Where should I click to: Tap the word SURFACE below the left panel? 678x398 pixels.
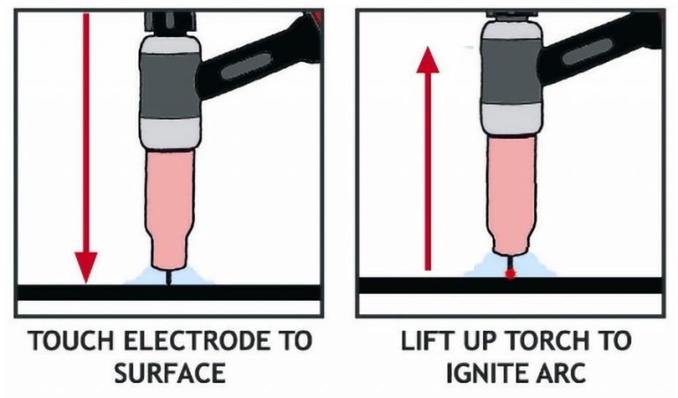coord(169,372)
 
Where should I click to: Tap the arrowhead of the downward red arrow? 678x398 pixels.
coord(86,264)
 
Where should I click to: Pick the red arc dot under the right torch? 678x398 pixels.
coord(509,275)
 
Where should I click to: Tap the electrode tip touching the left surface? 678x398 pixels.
coord(169,279)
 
